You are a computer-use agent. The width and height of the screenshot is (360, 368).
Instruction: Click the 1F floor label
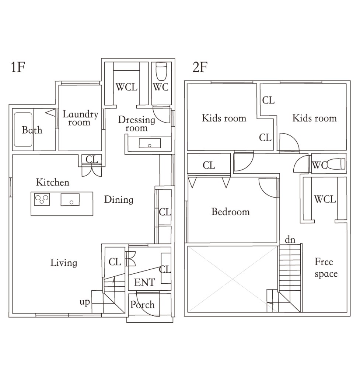[x=18, y=67]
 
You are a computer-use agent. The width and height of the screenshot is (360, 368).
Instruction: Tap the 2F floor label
[x=200, y=67]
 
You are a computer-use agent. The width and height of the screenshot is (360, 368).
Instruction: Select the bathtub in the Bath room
[x=23, y=130]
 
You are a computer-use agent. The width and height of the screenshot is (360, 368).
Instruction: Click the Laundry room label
[x=80, y=118]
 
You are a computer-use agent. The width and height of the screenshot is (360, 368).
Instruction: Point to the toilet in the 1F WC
[x=161, y=71]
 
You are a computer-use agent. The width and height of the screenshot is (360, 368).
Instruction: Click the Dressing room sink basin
[x=150, y=143]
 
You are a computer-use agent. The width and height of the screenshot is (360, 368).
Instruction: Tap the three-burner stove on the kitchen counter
[x=42, y=199]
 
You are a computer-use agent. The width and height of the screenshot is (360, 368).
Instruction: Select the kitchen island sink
[x=70, y=199]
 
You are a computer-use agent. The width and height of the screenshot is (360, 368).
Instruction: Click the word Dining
[x=119, y=199]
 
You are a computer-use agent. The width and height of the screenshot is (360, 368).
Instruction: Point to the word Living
[x=64, y=263]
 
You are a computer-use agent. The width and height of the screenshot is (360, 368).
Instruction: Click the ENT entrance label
[x=144, y=282]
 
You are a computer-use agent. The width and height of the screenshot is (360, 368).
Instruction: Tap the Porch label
[x=142, y=305]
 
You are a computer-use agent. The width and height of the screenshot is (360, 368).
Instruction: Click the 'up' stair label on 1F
[x=85, y=302]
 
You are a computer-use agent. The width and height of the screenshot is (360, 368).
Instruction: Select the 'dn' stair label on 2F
[x=290, y=240]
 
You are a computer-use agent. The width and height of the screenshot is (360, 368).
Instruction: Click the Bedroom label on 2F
[x=231, y=212]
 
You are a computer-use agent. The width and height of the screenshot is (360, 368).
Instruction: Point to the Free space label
[x=326, y=268]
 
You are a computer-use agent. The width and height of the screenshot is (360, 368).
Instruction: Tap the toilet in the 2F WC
[x=336, y=164]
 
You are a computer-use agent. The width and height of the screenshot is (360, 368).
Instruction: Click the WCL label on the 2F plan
[x=325, y=199]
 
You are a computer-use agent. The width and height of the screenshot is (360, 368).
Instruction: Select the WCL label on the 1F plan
[x=126, y=87]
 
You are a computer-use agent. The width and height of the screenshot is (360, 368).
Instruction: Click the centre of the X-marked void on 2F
[x=232, y=279]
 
